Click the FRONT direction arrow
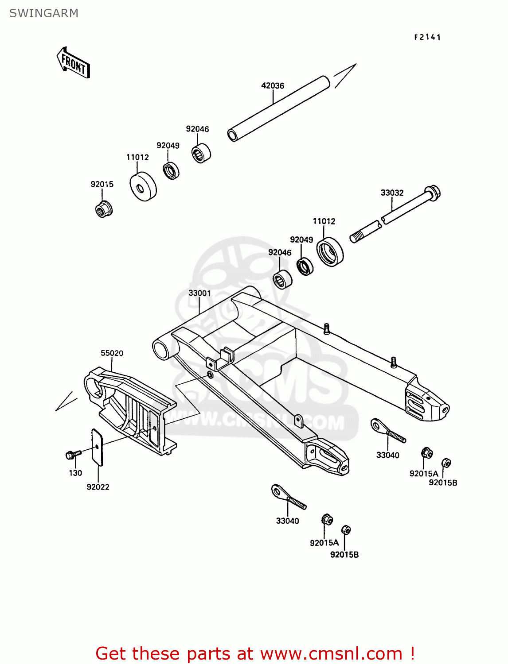click(74, 63)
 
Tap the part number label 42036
click(273, 85)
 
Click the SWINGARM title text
click(43, 13)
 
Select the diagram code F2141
click(427, 37)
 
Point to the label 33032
click(392, 193)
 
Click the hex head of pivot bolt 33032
click(433, 192)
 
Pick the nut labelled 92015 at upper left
click(104, 209)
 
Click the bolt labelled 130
click(73, 454)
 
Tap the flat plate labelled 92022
click(97, 447)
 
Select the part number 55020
click(112, 353)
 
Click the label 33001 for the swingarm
click(199, 293)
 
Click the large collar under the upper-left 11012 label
click(143, 186)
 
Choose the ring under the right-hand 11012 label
click(330, 252)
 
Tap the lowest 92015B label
click(344, 554)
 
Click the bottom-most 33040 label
click(287, 521)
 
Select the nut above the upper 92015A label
click(426, 453)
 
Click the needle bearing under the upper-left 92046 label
click(201, 153)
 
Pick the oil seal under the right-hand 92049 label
click(305, 266)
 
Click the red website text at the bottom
click(255, 653)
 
